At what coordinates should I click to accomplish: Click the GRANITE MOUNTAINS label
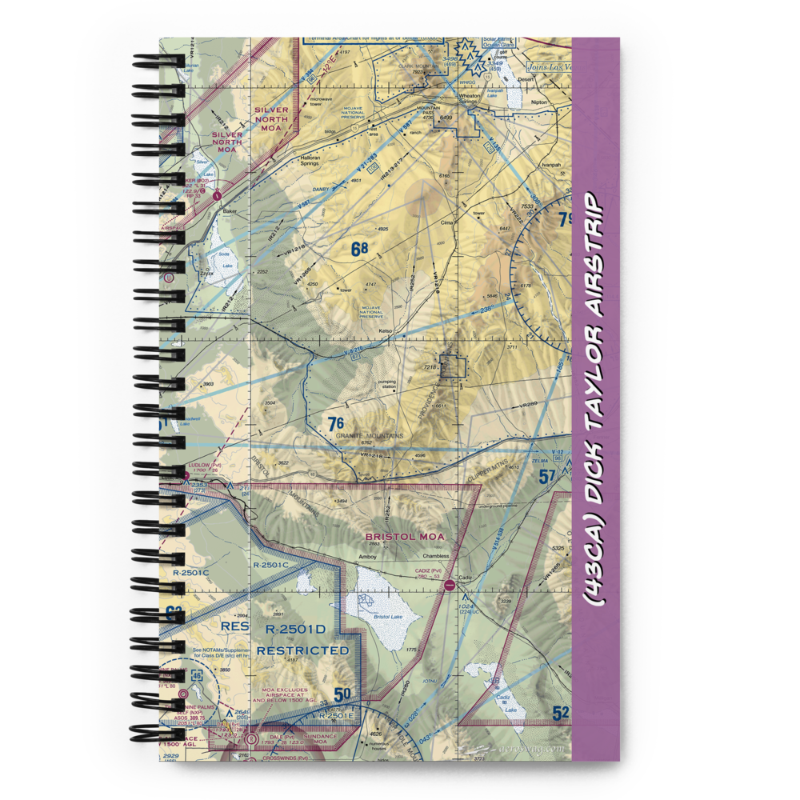370,435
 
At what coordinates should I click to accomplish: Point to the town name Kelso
387,330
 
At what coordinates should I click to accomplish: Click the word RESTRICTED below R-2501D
303,650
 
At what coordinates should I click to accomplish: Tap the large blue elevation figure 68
359,250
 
